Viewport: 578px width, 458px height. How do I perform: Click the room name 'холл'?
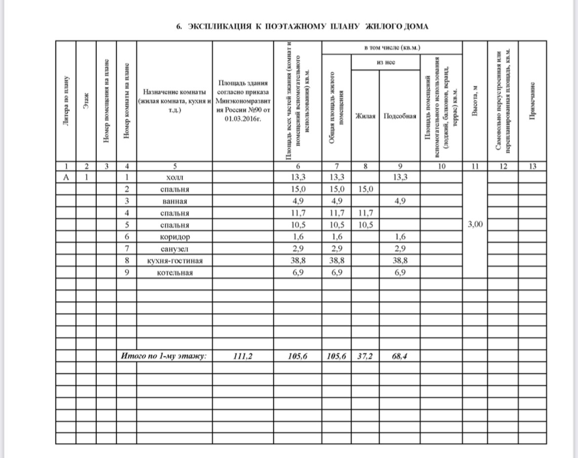pos(174,177)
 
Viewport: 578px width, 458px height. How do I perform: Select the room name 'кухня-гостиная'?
pos(174,260)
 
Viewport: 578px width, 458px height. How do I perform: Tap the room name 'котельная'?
pos(174,273)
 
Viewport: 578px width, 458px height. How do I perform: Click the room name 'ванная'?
pos(174,201)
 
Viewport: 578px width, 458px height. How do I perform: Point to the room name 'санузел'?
pos(174,249)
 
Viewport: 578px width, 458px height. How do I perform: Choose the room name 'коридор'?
pos(174,237)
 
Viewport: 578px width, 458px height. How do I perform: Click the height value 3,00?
pos(475,225)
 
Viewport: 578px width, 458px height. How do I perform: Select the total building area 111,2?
pos(242,356)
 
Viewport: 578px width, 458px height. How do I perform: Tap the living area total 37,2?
pos(365,356)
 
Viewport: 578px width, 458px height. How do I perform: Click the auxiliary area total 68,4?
pos(400,356)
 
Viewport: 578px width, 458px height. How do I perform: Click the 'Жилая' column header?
pos(365,116)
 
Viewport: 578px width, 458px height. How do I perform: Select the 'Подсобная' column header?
pos(400,116)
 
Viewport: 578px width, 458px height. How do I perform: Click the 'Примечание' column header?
pos(532,104)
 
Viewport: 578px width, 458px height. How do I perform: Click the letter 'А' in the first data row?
pos(66,177)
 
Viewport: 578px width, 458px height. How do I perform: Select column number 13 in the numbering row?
pos(532,167)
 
